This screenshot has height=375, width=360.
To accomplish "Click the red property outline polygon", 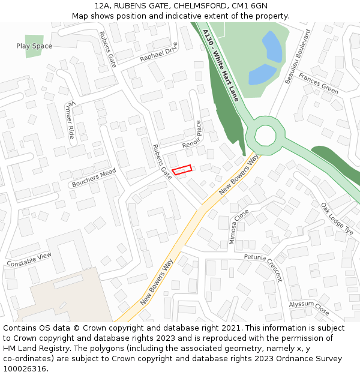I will click(x=182, y=170).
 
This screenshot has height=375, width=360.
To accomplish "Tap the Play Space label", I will click(x=34, y=46).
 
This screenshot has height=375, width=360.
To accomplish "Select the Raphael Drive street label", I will click(x=159, y=52).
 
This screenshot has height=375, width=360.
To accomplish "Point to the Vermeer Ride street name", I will click(x=70, y=121).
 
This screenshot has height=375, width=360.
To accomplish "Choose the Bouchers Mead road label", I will click(x=93, y=177).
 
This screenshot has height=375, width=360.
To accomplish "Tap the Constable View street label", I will click(x=29, y=260).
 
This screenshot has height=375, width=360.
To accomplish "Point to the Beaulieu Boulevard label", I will click(x=298, y=56).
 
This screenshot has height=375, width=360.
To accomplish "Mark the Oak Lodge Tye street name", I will click(x=337, y=218).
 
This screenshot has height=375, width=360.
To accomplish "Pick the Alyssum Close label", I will click(x=309, y=307).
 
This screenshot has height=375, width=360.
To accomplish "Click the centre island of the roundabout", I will click(x=265, y=135).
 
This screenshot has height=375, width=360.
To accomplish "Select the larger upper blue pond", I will click(x=272, y=47).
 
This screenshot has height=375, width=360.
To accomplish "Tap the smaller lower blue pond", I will click(x=262, y=74).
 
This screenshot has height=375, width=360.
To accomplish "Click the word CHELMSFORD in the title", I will click(x=198, y=6).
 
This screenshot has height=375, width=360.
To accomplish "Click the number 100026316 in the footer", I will click(x=24, y=369).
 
